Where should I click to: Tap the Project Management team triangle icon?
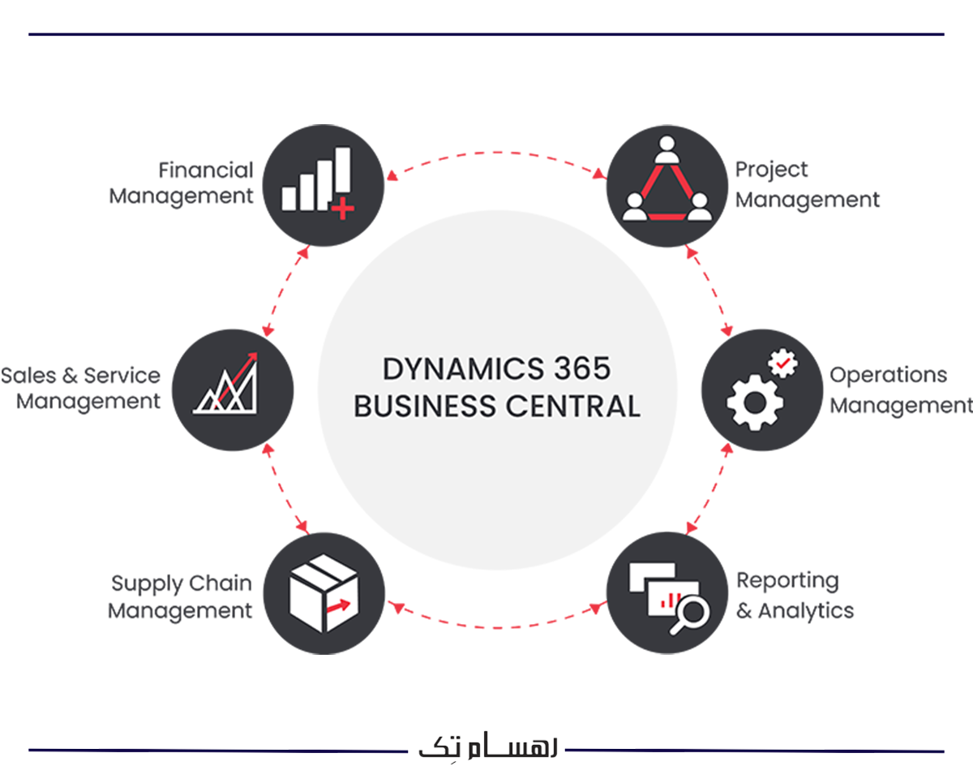click(x=666, y=184)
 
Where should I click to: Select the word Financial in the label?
click(x=206, y=170)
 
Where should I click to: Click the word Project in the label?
click(x=771, y=170)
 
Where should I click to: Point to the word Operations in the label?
click(x=888, y=376)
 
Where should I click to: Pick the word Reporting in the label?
click(x=787, y=581)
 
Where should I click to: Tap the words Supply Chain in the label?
click(x=182, y=583)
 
